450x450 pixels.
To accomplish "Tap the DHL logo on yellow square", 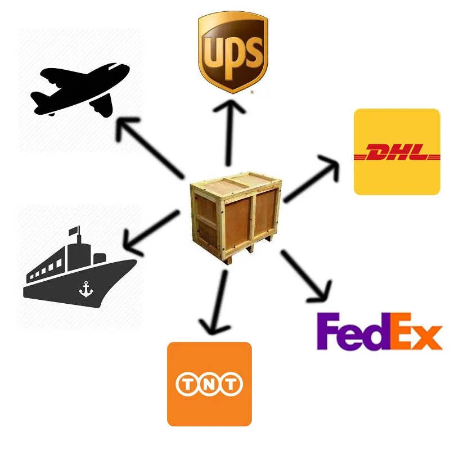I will click(x=397, y=152).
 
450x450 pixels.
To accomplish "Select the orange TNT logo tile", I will click(x=209, y=384).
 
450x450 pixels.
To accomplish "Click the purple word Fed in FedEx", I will click(x=349, y=333).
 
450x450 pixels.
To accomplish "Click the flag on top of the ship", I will click(x=73, y=231).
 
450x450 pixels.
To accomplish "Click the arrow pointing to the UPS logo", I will click(x=229, y=129).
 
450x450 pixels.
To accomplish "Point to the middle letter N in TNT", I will click(x=209, y=385).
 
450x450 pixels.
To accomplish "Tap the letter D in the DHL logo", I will click(x=378, y=153).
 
